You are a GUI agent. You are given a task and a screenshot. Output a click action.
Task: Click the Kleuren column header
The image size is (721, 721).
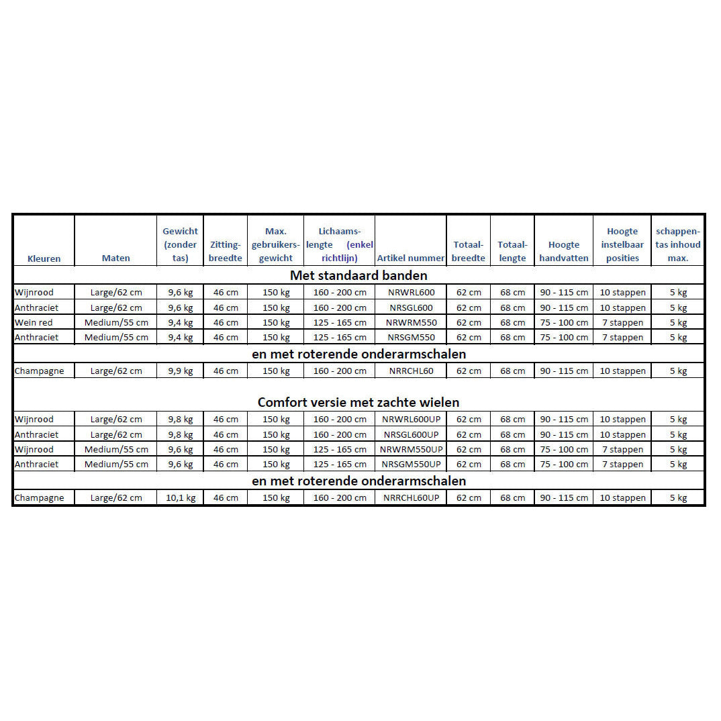44,258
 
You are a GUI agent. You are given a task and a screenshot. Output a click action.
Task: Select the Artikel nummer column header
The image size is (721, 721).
411,258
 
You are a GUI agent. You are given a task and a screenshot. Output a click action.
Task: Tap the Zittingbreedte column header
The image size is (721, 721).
225,252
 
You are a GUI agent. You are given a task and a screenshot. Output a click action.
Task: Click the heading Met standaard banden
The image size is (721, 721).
358,275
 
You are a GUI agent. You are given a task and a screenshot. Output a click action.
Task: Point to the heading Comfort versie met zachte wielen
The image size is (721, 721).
358,403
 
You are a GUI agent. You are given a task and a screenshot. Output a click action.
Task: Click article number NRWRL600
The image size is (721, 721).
411,293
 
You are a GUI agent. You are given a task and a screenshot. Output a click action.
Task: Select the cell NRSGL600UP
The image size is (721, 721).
411,434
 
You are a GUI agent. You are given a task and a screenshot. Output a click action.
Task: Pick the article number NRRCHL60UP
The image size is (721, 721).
411,498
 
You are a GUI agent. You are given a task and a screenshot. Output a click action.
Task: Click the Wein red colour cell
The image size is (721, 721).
34,323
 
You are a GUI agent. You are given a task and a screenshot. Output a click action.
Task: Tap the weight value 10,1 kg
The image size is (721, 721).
181,498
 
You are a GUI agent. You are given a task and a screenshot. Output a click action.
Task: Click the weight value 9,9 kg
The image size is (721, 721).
181,371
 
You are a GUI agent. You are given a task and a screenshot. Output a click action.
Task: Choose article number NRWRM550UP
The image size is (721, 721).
411,449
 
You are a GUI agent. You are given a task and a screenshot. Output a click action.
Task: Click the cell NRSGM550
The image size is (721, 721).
411,338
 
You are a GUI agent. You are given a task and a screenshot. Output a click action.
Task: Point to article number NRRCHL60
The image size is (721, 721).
411,371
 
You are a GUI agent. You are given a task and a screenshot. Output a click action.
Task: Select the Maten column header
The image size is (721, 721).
116,258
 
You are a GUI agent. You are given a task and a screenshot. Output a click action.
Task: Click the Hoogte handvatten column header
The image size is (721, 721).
564,252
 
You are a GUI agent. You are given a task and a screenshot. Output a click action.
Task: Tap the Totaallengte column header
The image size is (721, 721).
512,252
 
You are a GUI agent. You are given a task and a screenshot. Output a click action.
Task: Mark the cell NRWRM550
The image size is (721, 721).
411,323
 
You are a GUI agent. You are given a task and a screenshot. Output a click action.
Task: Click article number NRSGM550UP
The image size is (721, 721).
411,465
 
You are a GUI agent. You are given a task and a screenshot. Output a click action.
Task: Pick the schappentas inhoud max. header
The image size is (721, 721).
678,245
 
